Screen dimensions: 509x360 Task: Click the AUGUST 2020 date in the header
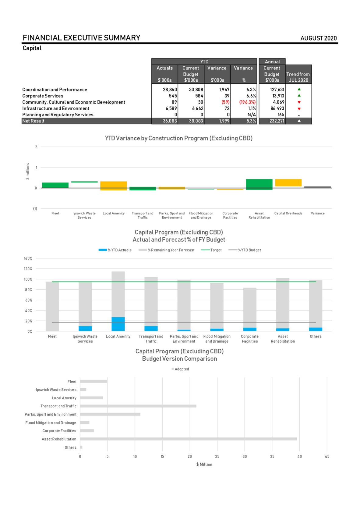pyautogui.click(x=318, y=38)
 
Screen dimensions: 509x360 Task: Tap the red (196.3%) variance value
pyautogui.click(x=247, y=102)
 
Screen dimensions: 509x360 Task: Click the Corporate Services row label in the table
pyautogui.click(x=43, y=96)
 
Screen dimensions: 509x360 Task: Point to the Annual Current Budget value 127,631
pyautogui.click(x=277, y=90)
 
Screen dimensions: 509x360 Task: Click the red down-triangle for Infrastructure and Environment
pyautogui.click(x=299, y=109)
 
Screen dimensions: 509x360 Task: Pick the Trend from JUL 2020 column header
pyautogui.click(x=298, y=77)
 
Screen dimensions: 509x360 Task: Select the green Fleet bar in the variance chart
pyautogui.click(x=55, y=185)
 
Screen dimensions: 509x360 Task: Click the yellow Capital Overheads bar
pyautogui.click(x=288, y=182)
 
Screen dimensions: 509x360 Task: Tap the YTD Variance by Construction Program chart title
pyautogui.click(x=178, y=138)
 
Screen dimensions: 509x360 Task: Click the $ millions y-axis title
pyautogui.click(x=28, y=171)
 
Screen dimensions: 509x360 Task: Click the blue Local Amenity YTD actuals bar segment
pyautogui.click(x=118, y=324)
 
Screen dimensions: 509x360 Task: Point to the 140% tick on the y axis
pyautogui.click(x=28, y=258)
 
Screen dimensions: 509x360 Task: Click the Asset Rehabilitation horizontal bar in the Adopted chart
pyautogui.click(x=188, y=439)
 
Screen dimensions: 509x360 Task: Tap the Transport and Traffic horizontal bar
pyautogui.click(x=138, y=406)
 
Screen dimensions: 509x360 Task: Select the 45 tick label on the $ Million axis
pyautogui.click(x=327, y=456)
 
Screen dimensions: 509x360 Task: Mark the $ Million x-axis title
pyautogui.click(x=204, y=464)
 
